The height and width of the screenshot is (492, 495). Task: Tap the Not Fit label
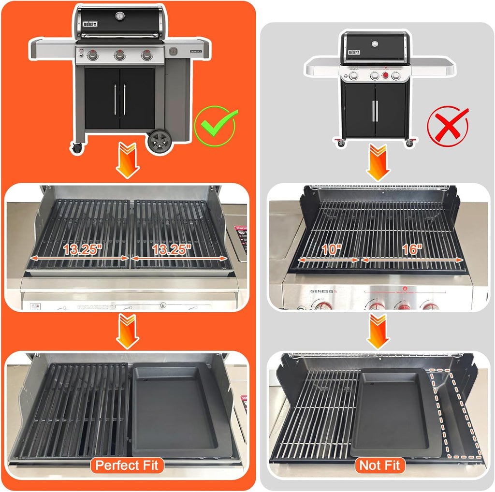point(380,465)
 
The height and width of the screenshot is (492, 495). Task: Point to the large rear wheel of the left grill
point(160,141)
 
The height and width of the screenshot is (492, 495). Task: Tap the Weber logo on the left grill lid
point(90,23)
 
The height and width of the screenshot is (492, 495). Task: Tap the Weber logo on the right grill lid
point(354,52)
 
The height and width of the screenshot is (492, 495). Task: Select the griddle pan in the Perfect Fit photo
point(179,411)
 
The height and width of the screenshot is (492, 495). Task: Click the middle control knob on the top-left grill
point(119,56)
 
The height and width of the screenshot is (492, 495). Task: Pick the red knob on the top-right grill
point(385,75)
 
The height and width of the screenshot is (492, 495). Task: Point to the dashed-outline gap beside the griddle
point(457,416)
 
